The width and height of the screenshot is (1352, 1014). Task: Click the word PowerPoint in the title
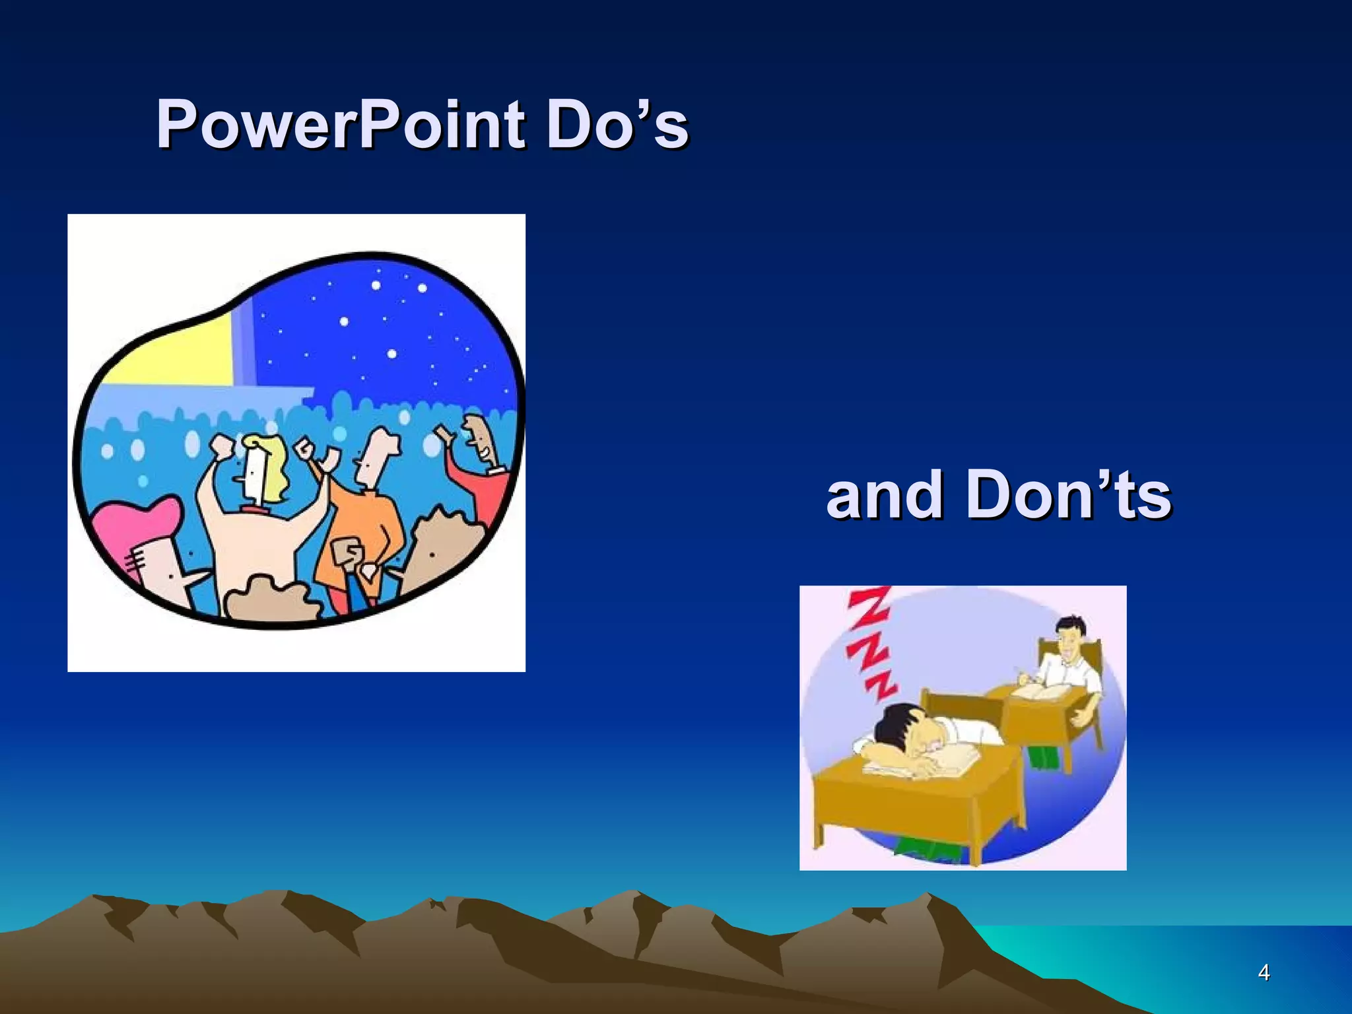(341, 124)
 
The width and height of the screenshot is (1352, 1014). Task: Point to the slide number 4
(1264, 973)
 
